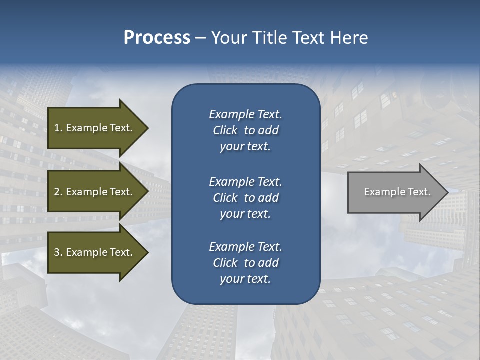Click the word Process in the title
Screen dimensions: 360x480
pos(157,38)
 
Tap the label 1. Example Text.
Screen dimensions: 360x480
pos(93,128)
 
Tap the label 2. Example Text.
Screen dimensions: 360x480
pos(93,192)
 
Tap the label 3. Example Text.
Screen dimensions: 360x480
pos(93,252)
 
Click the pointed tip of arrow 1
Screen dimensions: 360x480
pos(148,128)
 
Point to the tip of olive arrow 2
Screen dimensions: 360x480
pos(148,192)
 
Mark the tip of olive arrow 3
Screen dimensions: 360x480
pos(148,252)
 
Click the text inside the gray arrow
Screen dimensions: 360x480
pos(397,192)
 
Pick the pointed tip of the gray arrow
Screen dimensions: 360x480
pos(447,192)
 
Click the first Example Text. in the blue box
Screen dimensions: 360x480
pos(245,114)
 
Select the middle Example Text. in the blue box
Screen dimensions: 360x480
pos(245,182)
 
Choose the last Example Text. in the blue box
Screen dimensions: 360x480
pos(245,247)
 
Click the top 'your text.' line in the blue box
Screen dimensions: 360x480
pos(245,147)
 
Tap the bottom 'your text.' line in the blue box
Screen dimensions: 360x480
pos(245,279)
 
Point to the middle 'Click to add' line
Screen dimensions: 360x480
pos(245,198)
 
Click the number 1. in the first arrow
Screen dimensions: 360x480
pos(58,128)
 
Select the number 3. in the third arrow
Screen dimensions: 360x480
pos(58,252)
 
